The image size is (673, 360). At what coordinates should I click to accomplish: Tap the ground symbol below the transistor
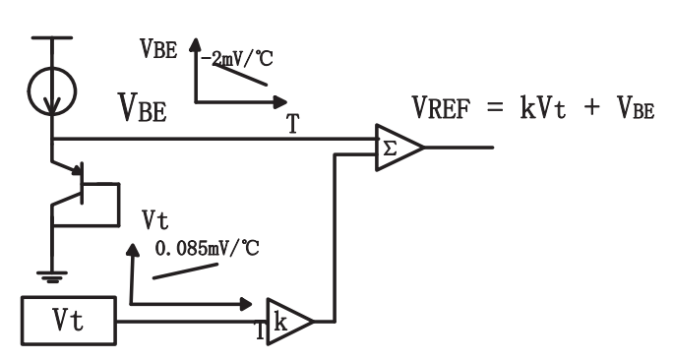click(52, 276)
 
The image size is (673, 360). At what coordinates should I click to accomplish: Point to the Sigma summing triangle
click(400, 148)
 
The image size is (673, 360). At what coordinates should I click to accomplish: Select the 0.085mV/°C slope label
click(207, 248)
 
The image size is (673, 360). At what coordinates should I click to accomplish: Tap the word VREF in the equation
click(441, 107)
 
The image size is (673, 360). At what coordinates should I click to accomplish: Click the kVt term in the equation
click(543, 107)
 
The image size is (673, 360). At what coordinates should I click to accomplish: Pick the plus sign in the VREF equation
click(591, 106)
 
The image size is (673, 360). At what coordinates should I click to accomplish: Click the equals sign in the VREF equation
click(495, 107)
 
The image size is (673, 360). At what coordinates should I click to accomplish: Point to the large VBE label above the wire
click(142, 107)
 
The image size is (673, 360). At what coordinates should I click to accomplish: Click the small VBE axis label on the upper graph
click(158, 48)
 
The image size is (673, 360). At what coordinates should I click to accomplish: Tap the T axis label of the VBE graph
click(293, 124)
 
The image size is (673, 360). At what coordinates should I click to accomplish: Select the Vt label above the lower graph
click(155, 220)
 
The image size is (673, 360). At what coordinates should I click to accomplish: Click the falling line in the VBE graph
click(240, 75)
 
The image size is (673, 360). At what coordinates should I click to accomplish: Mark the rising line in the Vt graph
click(185, 271)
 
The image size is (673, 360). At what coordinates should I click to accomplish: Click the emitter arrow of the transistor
click(77, 170)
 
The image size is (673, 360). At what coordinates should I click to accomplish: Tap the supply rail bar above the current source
click(52, 37)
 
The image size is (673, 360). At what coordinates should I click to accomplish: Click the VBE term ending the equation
click(636, 107)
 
